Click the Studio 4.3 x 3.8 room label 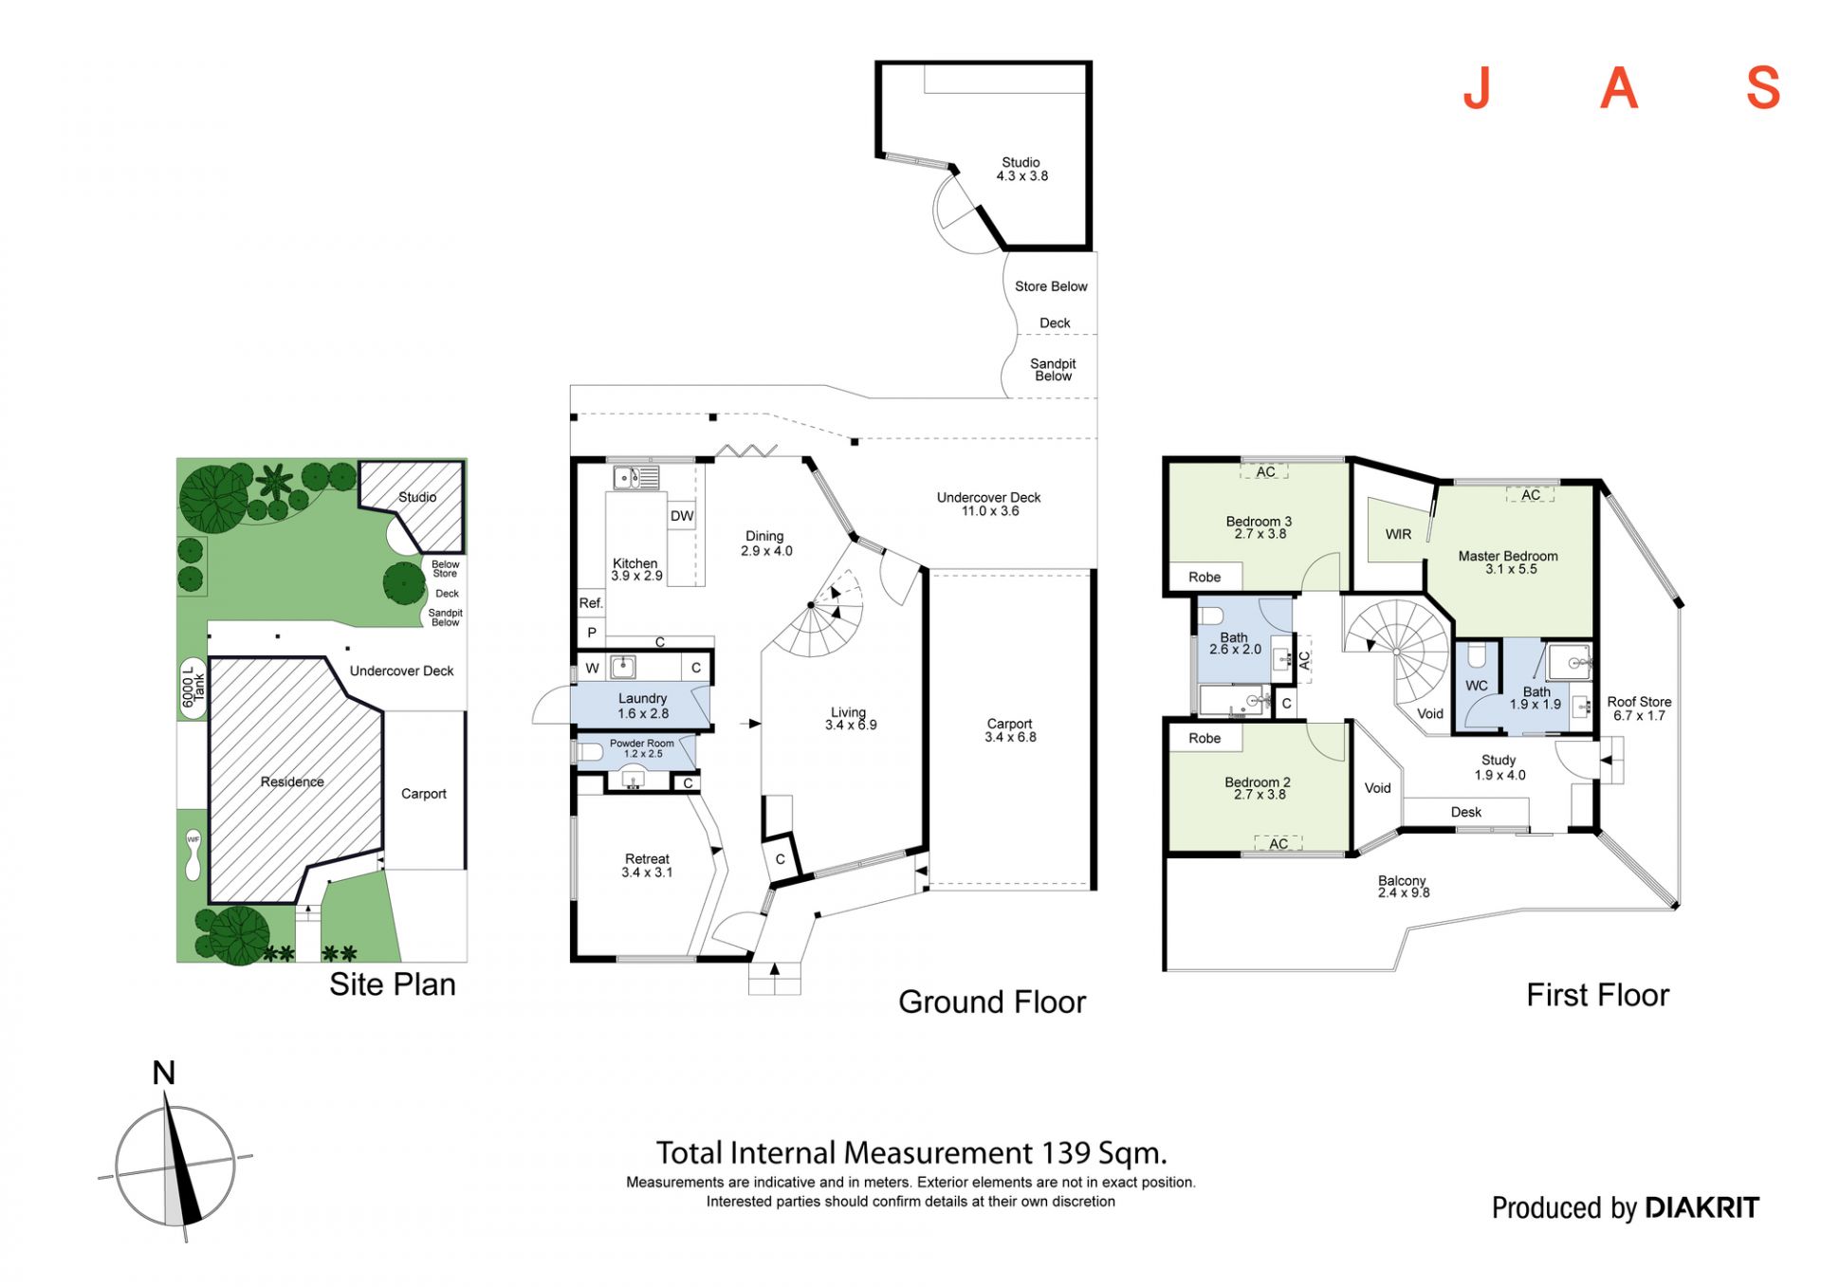1021,169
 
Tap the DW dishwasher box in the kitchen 682,516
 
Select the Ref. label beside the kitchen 591,602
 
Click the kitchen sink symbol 627,477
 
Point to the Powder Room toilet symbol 588,752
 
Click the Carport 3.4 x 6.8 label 1009,729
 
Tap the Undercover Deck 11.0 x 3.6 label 988,504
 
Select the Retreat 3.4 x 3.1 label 647,865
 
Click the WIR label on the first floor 1398,534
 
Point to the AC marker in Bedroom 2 1278,843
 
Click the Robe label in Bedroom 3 1205,577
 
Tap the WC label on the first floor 1476,685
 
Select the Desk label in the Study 1465,812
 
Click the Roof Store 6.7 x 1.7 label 1639,708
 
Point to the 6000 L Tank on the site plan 193,687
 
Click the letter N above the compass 164,1073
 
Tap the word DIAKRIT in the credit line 1701,1207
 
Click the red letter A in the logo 1619,89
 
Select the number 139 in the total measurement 1066,1152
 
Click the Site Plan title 392,984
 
